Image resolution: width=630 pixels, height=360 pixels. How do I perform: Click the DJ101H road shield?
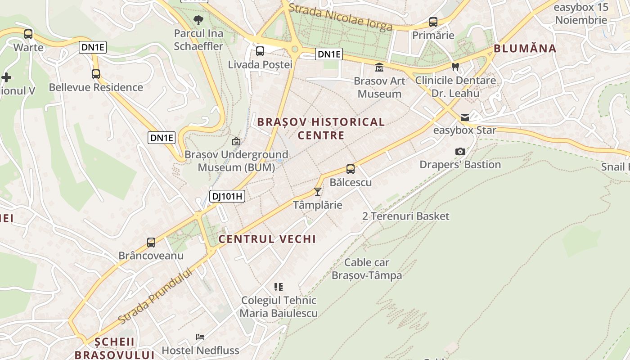227,196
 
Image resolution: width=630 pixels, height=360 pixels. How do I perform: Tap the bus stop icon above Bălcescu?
351,169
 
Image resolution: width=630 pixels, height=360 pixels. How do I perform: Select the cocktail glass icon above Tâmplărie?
318,192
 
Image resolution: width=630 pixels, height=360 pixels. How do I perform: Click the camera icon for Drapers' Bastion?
460,151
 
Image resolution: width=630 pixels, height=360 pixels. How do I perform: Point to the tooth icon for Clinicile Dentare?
455,67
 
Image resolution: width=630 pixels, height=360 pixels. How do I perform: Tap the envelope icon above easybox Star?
465,117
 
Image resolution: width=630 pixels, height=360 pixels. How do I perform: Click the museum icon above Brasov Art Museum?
379,67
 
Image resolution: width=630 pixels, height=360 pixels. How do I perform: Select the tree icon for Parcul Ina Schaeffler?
198,20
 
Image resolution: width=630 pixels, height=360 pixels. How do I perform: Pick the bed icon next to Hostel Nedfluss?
200,337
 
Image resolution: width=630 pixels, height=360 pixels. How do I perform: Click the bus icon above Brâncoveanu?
151,243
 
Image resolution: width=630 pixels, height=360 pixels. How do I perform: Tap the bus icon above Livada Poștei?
260,51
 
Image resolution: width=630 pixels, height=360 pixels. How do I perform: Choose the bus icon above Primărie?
433,22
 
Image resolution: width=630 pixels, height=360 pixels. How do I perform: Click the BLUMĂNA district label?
525,49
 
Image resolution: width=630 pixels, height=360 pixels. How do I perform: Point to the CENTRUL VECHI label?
267,239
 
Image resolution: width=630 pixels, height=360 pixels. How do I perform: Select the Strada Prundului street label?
156,295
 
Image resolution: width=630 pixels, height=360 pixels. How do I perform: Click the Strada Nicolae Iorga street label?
341,18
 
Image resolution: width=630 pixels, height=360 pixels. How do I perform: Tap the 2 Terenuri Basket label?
406,216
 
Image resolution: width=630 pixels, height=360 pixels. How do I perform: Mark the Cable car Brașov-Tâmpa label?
367,269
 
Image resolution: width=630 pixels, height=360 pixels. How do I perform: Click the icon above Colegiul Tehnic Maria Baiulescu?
279,287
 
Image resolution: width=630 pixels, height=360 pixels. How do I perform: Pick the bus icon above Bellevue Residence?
96,74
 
